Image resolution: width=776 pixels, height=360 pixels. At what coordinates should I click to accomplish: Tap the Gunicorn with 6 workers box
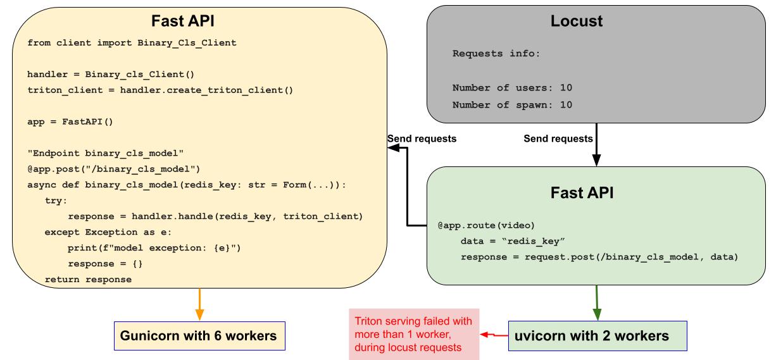(x=199, y=336)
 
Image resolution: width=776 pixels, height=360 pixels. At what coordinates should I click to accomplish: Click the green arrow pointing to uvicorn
(x=596, y=304)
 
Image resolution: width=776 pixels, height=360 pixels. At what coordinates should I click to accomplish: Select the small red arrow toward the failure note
(x=494, y=335)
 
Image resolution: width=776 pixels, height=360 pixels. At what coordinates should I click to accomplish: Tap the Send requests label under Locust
(x=558, y=139)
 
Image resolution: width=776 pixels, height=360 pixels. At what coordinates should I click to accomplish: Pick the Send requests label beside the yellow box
(x=422, y=139)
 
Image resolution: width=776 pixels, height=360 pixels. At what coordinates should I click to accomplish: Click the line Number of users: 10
(x=512, y=87)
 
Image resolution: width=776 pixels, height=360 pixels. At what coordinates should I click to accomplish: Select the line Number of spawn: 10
(x=512, y=104)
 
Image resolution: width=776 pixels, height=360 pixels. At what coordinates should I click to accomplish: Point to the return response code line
(x=88, y=279)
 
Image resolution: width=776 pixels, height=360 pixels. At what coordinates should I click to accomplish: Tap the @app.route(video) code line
(x=482, y=226)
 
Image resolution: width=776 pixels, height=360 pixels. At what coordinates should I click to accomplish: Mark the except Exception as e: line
(x=104, y=232)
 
